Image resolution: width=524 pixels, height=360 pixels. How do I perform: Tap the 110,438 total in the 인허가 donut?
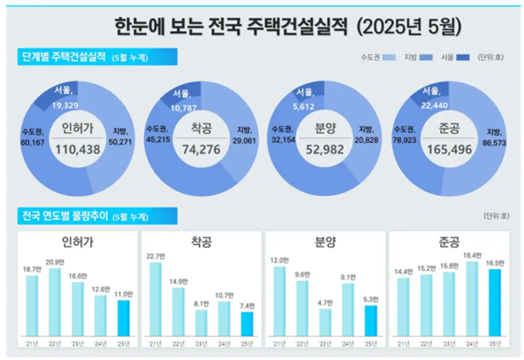click(x=78, y=150)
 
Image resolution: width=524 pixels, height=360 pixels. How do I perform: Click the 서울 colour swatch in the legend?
click(x=463, y=57)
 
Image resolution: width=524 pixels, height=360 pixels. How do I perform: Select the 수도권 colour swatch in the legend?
click(x=390, y=57)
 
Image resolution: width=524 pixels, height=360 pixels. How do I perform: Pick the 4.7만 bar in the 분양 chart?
click(x=325, y=322)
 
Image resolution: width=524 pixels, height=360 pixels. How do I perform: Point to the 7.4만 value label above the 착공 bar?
click(x=247, y=305)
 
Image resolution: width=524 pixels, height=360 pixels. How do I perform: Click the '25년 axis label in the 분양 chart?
click(x=371, y=343)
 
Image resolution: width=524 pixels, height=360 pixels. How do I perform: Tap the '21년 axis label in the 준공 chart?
click(x=403, y=343)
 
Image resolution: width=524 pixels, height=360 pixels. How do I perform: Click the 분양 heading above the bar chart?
click(x=325, y=242)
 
